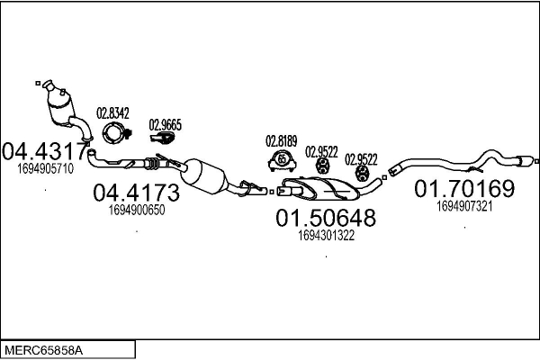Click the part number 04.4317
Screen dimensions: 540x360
click(x=45, y=151)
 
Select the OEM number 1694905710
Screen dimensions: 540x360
click(x=46, y=169)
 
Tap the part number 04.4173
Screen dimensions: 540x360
click(x=137, y=193)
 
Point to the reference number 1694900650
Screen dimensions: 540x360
click(x=137, y=210)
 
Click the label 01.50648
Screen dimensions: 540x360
click(x=326, y=218)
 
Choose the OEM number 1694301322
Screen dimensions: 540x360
click(x=326, y=236)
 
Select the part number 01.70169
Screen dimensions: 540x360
click(x=464, y=188)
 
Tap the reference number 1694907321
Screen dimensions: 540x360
click(x=464, y=206)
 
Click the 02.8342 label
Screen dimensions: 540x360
click(x=112, y=113)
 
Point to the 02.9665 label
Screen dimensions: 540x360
click(x=166, y=125)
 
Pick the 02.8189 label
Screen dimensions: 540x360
click(x=282, y=141)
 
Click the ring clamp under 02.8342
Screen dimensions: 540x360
click(x=113, y=133)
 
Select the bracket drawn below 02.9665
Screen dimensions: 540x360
click(x=162, y=138)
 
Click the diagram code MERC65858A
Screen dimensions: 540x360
click(x=44, y=350)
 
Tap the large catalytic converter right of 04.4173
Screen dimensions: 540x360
click(x=204, y=176)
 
